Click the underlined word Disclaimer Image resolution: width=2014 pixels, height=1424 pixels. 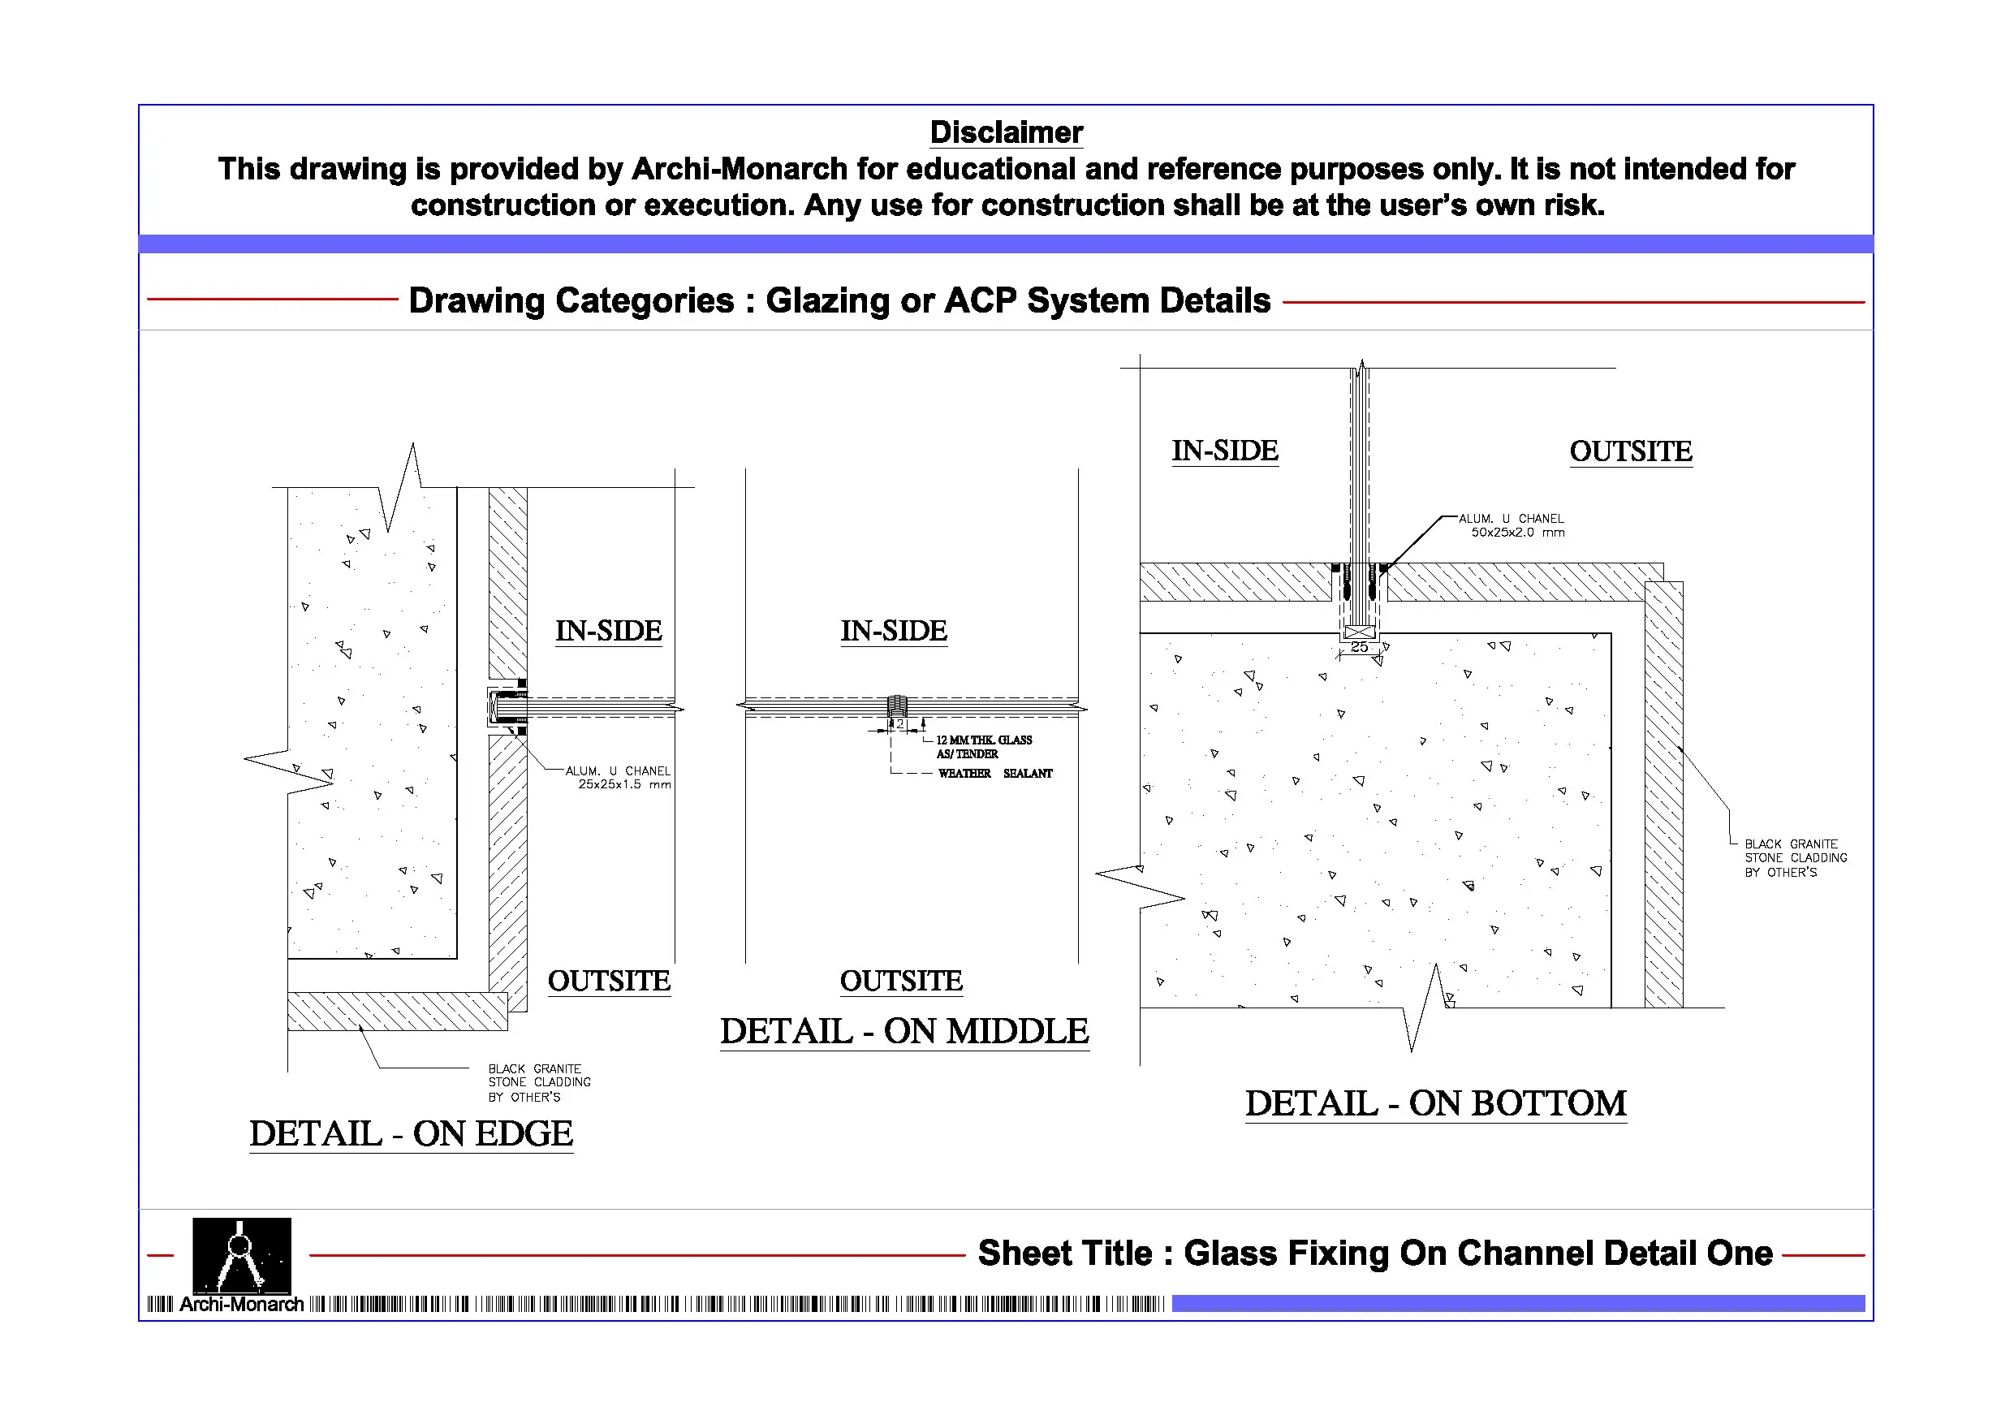[1006, 132]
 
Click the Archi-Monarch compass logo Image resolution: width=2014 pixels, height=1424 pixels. [241, 1256]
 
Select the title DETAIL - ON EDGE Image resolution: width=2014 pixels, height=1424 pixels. [411, 1133]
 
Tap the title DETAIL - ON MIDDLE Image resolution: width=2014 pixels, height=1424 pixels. [904, 1031]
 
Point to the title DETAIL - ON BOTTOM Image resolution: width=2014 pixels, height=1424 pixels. [1436, 1103]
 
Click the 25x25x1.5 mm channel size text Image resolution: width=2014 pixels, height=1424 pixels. [623, 784]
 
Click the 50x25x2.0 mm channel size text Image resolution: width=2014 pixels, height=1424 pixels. [1517, 533]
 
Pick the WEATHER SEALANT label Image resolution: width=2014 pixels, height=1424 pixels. [994, 773]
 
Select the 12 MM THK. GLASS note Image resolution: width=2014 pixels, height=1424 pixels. [983, 740]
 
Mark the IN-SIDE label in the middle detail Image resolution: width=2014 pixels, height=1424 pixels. [894, 630]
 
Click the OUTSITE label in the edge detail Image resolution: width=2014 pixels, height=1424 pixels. [609, 980]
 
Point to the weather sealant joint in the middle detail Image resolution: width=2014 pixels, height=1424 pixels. [896, 706]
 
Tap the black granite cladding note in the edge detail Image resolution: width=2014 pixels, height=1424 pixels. [538, 1083]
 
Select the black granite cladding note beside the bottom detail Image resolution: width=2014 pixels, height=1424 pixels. [1795, 858]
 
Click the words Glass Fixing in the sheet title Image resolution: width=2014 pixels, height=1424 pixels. [1287, 1253]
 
